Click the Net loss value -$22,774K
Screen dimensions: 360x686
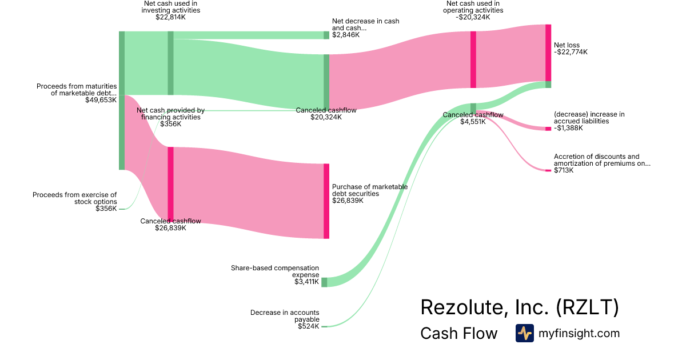(x=571, y=52)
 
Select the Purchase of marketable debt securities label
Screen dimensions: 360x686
(x=370, y=190)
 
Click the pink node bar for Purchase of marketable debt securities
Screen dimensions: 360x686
(x=326, y=201)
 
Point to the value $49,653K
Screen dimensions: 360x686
(x=101, y=99)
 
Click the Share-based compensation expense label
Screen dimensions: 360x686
(x=275, y=271)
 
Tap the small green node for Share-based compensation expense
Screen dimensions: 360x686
(x=324, y=282)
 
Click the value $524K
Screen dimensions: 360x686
(x=308, y=326)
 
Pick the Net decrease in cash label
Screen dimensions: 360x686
(x=365, y=24)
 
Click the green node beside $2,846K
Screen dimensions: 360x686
(x=326, y=35)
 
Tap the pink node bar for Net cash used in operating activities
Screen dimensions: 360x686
(x=473, y=59)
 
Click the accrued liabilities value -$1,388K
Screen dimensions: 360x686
(x=568, y=128)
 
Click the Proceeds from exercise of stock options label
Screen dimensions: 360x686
(x=75, y=198)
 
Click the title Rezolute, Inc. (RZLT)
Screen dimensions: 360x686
(x=519, y=307)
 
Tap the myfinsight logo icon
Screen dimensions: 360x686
(x=524, y=333)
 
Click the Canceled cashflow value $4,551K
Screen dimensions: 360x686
(x=473, y=121)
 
